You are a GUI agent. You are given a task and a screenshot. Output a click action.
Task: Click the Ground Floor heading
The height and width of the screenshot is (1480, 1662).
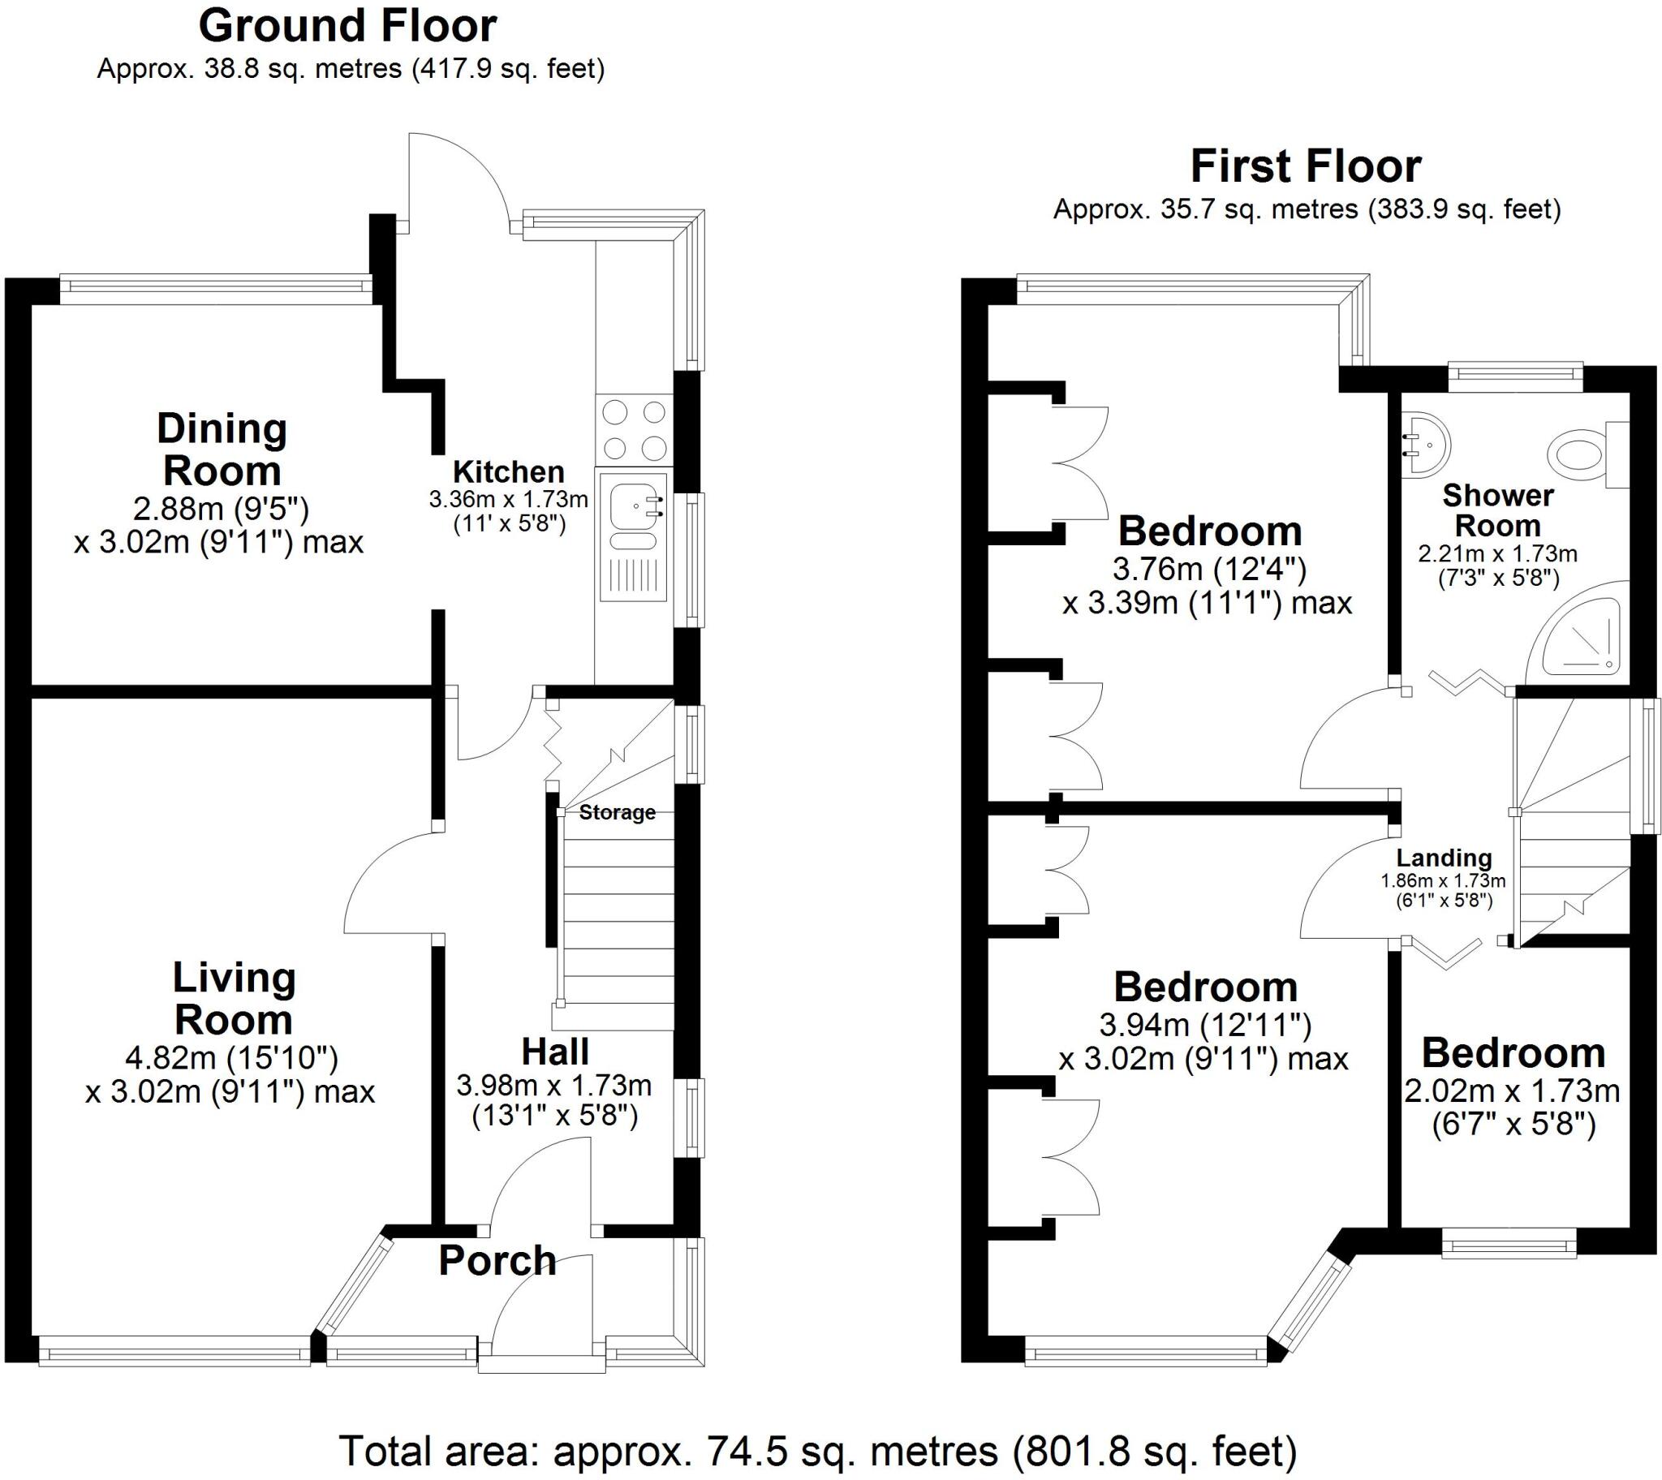click(348, 26)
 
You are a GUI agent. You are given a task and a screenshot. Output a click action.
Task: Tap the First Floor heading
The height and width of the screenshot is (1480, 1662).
click(1306, 166)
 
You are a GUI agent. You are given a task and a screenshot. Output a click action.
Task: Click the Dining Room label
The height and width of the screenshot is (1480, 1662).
click(222, 450)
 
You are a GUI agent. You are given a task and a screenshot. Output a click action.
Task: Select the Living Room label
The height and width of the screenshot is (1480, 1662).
click(234, 999)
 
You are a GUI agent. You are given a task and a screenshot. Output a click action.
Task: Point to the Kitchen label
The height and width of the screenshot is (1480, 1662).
click(508, 471)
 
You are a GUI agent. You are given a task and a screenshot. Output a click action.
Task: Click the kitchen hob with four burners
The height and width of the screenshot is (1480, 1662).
click(635, 430)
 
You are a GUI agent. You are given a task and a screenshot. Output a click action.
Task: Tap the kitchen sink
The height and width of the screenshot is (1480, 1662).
click(635, 536)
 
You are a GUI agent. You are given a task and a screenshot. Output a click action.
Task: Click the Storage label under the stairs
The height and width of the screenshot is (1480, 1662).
click(617, 812)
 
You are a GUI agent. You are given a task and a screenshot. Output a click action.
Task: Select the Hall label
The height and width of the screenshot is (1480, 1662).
click(554, 1052)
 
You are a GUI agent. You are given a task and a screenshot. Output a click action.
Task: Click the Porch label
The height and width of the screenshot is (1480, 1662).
click(497, 1260)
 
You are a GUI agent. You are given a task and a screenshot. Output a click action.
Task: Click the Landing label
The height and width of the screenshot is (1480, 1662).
click(1444, 858)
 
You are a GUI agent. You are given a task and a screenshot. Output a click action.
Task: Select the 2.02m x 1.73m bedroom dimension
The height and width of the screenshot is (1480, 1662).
click(1513, 1091)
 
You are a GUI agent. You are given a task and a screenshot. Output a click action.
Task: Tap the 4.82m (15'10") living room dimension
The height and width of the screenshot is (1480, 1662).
click(232, 1058)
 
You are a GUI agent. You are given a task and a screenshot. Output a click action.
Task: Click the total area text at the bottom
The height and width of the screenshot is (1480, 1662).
click(818, 1450)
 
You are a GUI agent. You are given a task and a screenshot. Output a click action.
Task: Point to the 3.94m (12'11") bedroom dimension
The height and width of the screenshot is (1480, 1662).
click(1206, 1025)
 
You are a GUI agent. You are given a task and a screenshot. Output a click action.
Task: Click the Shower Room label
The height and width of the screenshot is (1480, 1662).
click(1497, 510)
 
